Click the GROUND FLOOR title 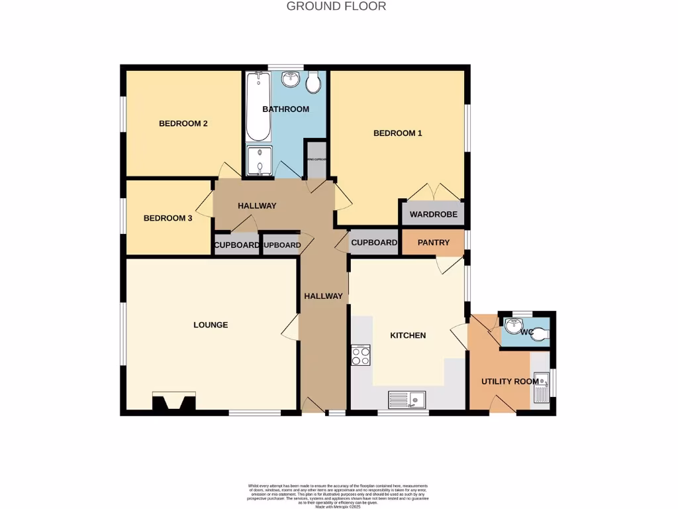pos(336,7)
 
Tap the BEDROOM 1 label pos(397,133)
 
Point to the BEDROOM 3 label pos(168,217)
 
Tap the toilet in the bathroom pos(314,82)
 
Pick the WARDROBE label pos(430,215)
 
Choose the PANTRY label pos(434,243)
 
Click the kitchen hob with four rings pos(361,356)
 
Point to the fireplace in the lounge pos(174,402)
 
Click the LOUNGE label pos(211,325)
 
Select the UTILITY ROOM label pos(501,382)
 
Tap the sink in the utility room pos(541,387)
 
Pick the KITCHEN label pos(408,335)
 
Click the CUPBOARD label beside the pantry pos(374,243)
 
